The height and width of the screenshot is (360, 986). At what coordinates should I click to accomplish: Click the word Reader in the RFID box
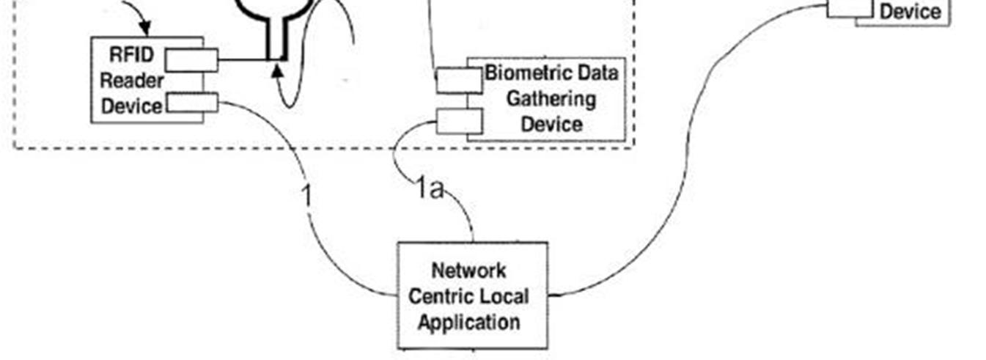[132, 80]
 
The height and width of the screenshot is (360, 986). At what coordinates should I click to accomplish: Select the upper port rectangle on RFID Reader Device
[191, 60]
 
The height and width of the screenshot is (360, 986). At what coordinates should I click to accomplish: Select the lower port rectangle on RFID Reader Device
[192, 103]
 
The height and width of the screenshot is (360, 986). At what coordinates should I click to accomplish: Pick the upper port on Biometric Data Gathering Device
[459, 81]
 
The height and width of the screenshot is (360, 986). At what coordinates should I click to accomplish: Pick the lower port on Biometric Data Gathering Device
[459, 121]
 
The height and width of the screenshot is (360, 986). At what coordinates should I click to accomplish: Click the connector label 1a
[430, 191]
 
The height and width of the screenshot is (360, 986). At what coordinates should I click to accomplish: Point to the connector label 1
[307, 196]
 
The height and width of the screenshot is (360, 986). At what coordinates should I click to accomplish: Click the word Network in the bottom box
[468, 271]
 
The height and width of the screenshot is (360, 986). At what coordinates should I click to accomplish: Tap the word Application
[469, 322]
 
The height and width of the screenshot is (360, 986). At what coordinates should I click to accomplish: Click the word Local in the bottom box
[504, 297]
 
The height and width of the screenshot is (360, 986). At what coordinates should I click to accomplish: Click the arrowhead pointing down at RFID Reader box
[144, 30]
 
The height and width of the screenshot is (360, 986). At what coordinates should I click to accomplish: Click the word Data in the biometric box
[600, 73]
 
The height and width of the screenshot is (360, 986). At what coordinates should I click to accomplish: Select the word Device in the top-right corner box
[909, 12]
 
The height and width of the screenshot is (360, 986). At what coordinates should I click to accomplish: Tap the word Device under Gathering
[552, 124]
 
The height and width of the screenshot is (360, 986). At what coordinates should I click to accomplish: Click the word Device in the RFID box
[132, 106]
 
